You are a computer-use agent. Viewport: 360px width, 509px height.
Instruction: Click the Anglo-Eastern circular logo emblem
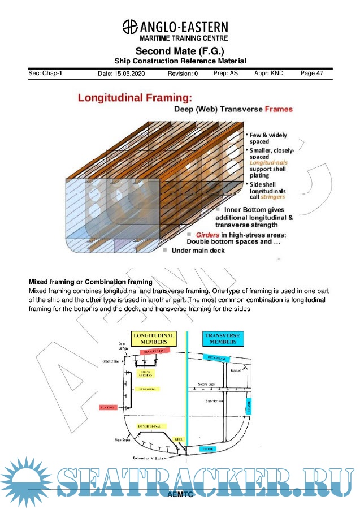129,27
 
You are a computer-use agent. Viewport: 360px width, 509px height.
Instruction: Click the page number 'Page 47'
312,74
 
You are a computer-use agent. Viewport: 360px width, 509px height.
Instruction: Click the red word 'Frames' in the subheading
279,109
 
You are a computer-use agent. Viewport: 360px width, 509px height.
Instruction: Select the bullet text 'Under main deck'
198,250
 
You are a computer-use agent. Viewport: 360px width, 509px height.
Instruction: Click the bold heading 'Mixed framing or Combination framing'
90,282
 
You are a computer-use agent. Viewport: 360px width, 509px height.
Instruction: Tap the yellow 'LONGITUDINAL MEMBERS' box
154,338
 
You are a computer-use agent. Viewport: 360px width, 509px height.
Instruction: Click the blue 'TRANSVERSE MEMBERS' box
222,338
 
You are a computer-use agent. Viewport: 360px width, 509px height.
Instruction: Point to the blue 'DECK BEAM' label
217,357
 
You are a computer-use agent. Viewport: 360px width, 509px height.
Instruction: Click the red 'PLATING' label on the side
107,407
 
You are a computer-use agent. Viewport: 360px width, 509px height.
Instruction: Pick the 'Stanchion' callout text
212,401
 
